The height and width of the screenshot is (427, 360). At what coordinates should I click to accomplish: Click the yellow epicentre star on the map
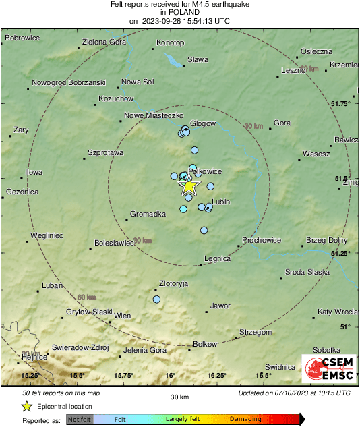tap(189, 186)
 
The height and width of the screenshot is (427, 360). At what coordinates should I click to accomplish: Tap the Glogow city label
tap(203, 123)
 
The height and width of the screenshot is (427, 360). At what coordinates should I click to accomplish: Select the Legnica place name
tap(217, 258)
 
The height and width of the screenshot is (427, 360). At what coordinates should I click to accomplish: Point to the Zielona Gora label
tap(104, 42)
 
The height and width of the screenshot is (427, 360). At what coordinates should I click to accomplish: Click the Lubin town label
tap(221, 202)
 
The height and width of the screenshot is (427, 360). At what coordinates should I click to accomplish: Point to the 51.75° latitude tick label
tap(342, 103)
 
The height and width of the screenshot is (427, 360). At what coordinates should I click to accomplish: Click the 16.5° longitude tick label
tap(263, 375)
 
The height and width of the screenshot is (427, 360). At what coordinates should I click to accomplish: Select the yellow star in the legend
tap(27, 406)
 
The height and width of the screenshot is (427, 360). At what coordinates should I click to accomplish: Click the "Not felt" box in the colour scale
tap(80, 419)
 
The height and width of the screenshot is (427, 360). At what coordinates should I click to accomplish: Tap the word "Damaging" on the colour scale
tap(245, 419)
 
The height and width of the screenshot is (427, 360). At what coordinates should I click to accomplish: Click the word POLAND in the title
tap(179, 12)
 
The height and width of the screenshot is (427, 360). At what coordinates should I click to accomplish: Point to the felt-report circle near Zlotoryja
tap(157, 299)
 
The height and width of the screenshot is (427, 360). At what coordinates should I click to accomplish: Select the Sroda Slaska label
tap(307, 272)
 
